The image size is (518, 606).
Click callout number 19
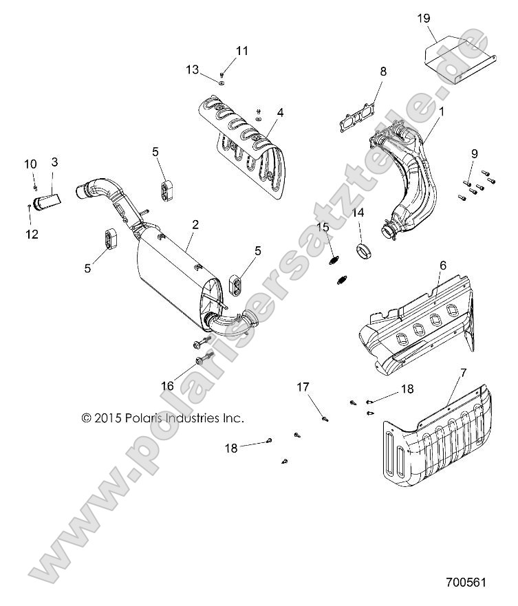click(424, 19)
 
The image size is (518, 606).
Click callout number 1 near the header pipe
click(441, 110)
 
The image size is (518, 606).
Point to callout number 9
click(474, 153)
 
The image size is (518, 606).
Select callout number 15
click(323, 228)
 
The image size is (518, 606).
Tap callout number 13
click(193, 69)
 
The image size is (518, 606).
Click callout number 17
click(303, 387)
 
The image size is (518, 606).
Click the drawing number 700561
click(466, 581)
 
